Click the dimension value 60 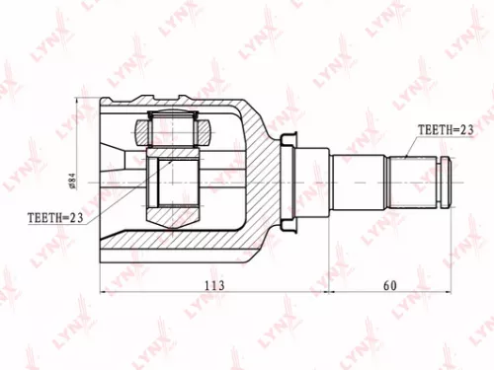[x=389, y=284]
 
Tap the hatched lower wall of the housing [x=198, y=247]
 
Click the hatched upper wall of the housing [x=198, y=107]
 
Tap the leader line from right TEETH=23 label [x=420, y=148]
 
